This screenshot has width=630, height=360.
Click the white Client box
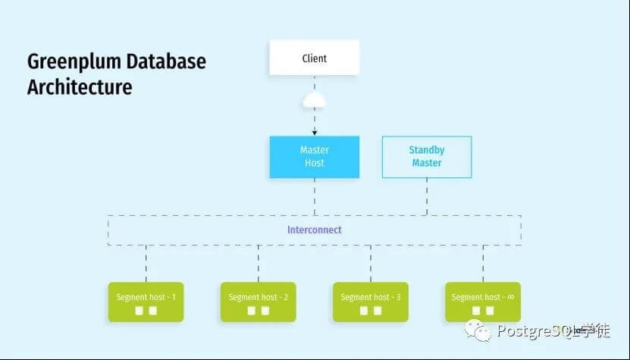coord(314,58)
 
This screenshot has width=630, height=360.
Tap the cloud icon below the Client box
coord(314,100)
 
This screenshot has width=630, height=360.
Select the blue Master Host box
coord(314,157)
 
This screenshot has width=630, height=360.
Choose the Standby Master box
coord(426,157)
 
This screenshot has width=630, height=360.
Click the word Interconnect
coord(314,230)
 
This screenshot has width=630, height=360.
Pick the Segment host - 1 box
coord(146,302)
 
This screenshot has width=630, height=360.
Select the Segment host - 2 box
coord(258,302)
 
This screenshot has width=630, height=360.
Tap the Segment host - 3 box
coord(370,302)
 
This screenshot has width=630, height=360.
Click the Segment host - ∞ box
coord(482,302)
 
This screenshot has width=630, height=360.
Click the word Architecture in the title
coord(80,86)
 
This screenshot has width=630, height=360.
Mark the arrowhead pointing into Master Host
coord(314,133)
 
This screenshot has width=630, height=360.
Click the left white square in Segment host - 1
coord(139,311)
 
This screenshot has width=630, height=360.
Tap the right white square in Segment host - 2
coord(265,311)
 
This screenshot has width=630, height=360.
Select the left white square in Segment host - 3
coord(363,311)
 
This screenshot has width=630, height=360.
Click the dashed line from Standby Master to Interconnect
coord(426,197)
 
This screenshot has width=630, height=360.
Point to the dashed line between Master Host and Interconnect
coord(314,197)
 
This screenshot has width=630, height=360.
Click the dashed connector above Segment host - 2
coord(258,264)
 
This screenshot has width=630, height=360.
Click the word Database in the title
coord(167,62)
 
